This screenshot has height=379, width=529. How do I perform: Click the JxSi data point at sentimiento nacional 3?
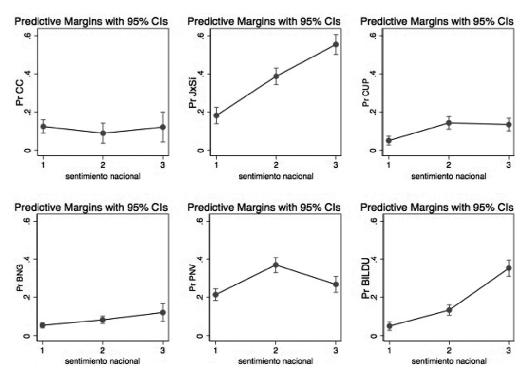(336, 44)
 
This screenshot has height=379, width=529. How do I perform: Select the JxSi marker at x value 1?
(216, 115)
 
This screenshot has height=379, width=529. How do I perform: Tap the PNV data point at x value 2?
(276, 265)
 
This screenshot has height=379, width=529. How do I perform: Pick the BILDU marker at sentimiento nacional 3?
(509, 268)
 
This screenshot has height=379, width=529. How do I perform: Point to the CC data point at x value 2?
(103, 133)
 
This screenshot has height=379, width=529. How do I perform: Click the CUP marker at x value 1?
(389, 140)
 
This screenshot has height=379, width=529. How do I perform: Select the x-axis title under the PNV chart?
(276, 361)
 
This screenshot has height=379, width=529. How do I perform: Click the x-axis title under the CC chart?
(103, 176)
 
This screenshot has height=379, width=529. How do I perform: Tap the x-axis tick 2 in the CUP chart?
(449, 165)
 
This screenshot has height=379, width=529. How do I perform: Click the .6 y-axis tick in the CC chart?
(27, 36)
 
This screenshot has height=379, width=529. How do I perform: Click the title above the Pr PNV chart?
(264, 208)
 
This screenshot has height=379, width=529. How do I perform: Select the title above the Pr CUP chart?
(437, 22)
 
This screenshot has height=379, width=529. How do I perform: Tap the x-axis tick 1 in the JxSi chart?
(216, 165)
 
